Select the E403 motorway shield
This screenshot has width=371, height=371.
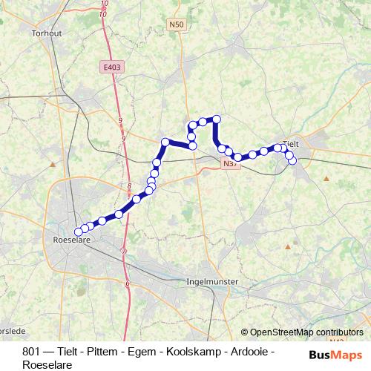pos(113,68)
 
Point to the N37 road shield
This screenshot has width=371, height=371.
pos(229,163)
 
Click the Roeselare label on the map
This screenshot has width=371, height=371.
pos(73,240)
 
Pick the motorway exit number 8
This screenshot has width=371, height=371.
pos(129,187)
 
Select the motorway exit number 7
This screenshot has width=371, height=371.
pos(124,252)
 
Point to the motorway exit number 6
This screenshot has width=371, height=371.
pos(128,283)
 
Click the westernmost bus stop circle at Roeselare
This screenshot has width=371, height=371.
pos(79,232)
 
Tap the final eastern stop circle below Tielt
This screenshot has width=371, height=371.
pos(292,160)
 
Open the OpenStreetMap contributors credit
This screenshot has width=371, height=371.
pos(306,332)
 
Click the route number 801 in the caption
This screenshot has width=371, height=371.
pos(33,351)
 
